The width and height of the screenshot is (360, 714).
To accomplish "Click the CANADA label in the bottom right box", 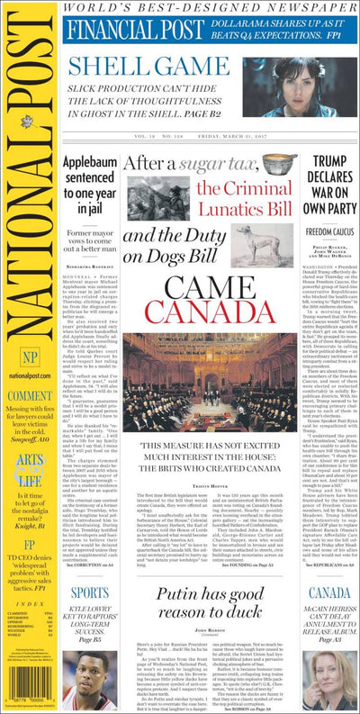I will pyautogui.click(x=328, y=593).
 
